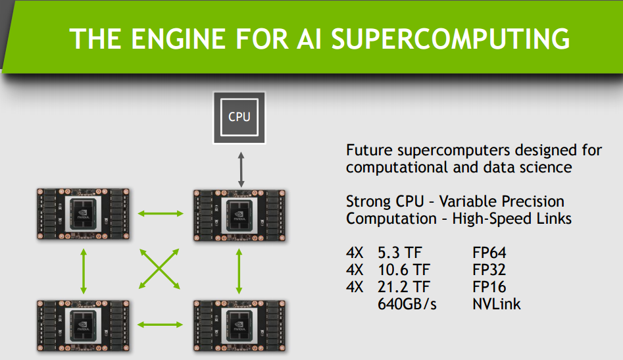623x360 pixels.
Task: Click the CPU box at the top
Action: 239,117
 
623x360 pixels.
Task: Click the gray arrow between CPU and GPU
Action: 241,166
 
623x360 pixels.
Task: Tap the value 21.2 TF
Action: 408,288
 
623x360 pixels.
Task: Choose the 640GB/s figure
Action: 407,305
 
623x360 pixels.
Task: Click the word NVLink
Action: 496,305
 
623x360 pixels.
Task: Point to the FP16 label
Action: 489,288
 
